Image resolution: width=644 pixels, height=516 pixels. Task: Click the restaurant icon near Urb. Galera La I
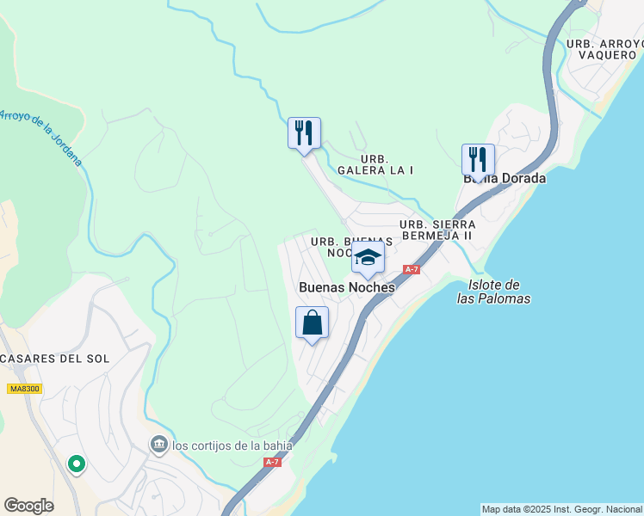(304, 133)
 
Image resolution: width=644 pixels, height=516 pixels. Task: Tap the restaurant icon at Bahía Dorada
(478, 160)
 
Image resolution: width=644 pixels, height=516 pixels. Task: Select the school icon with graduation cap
(368, 257)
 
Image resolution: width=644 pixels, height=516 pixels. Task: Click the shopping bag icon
(313, 323)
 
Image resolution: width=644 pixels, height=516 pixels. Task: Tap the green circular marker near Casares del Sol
(77, 464)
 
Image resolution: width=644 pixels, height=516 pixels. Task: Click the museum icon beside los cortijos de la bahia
(159, 445)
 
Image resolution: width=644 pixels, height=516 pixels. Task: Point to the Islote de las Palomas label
(493, 292)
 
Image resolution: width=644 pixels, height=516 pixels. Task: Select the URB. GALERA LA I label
(375, 164)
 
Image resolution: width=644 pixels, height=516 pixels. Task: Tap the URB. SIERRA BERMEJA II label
(437, 230)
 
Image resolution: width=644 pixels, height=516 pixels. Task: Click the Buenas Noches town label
(346, 288)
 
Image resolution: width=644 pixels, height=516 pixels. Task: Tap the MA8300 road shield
(24, 389)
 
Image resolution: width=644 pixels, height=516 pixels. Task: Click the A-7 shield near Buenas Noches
(412, 269)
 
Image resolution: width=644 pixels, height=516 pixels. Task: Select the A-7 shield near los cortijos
(272, 462)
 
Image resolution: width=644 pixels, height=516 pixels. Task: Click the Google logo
(28, 506)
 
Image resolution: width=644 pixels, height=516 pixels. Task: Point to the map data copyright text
(561, 509)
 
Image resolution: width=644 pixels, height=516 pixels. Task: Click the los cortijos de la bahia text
(232, 445)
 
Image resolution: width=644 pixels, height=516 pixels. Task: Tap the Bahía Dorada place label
(505, 179)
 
